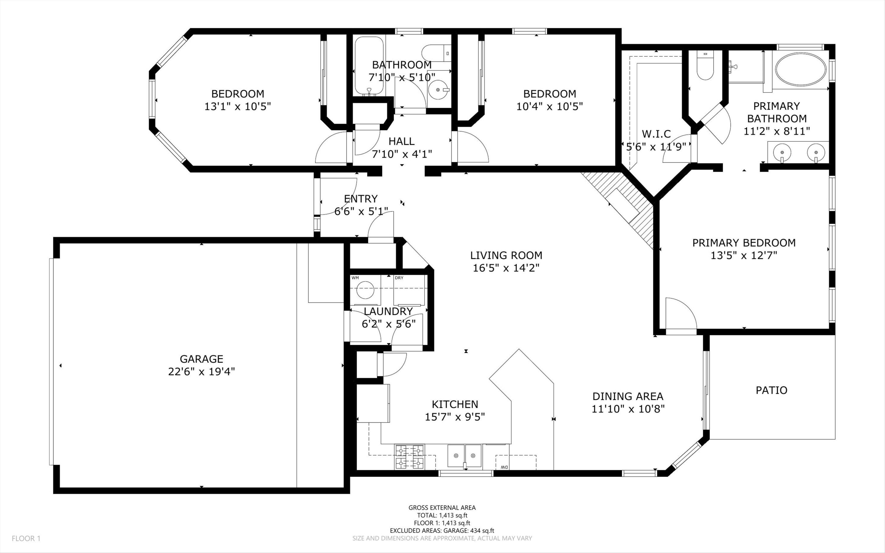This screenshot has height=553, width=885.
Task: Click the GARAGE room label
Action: (201, 359)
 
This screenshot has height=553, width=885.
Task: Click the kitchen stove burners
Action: (409, 457)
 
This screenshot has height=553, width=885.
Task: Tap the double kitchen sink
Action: (464, 456)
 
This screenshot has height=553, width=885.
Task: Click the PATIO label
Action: (771, 390)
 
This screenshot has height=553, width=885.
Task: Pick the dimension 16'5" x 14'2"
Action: (506, 268)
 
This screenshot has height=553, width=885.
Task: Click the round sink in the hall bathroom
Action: (438, 89)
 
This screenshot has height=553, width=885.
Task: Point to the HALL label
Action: (401, 141)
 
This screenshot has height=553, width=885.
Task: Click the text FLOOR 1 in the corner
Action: (26, 538)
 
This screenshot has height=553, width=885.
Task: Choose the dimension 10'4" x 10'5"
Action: (549, 107)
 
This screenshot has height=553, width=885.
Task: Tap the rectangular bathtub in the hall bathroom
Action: (369, 66)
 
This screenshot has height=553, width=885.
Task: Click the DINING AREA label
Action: (628, 396)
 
